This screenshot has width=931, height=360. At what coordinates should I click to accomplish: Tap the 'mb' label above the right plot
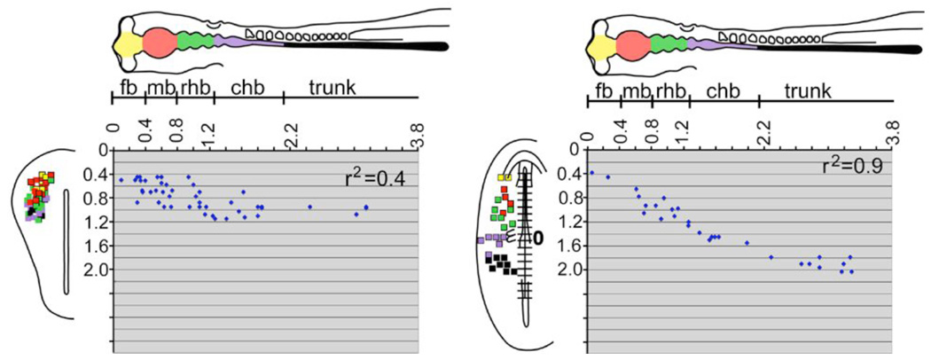click(x=635, y=90)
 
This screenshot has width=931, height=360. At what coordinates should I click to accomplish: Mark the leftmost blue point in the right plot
click(x=591, y=172)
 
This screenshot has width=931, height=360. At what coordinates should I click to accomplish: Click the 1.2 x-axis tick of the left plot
click(x=211, y=133)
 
